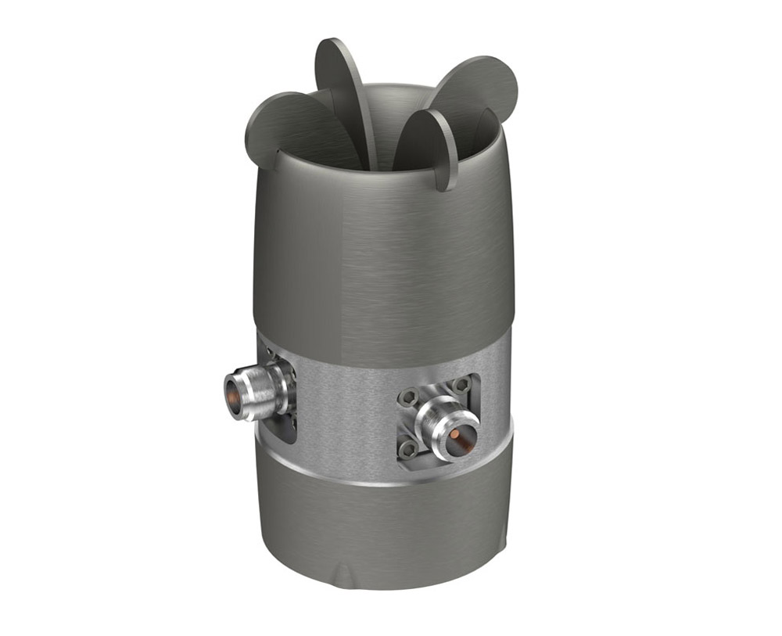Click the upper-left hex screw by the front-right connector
point(407,397)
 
